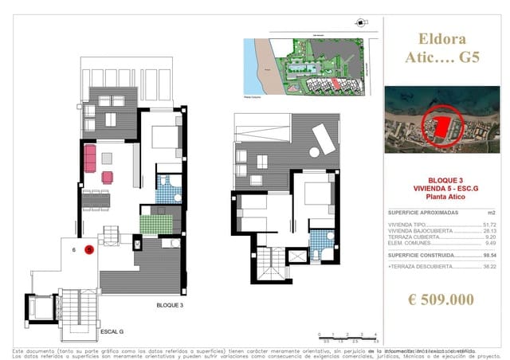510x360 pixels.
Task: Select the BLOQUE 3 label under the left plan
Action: [170, 305]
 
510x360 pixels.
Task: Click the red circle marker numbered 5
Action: [89, 249]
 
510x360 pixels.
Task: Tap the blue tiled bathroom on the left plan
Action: [167, 190]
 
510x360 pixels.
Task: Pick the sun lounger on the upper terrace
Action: [323, 142]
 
